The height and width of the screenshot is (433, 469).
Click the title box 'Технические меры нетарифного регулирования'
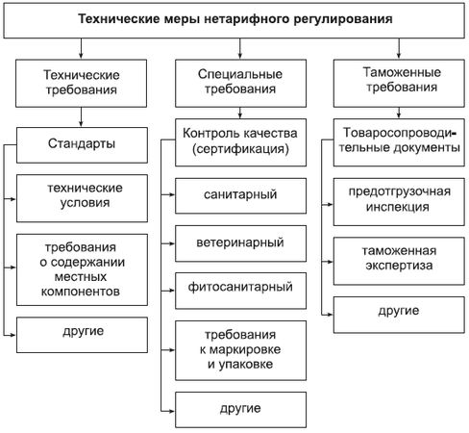pos(234,20)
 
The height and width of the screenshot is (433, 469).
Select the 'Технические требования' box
pos(82,83)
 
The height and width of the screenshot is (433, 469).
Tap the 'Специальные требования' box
pos(240,83)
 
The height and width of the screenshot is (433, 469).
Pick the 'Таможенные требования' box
pos(399,83)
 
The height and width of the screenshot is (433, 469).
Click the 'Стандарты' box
pos(82,145)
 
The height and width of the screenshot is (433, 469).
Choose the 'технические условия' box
pos(82,198)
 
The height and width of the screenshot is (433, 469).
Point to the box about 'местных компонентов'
pos(82,269)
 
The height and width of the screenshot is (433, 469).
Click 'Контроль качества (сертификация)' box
pos(240,142)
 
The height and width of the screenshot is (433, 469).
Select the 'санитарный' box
pos(240,195)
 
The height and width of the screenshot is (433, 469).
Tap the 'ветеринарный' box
pos(240,243)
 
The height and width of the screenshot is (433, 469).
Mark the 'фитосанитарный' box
pos(240,291)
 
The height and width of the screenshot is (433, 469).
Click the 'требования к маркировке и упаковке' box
pos(240,350)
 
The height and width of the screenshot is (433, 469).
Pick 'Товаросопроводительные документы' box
pos(399,142)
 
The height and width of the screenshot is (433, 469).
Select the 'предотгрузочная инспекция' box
pos(399,202)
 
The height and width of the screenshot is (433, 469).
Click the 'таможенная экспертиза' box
pos(399,261)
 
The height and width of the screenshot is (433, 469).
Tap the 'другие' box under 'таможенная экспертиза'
pos(399,315)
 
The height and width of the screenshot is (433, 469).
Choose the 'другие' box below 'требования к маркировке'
pos(240,410)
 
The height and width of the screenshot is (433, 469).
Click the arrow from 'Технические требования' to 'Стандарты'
pos(81,117)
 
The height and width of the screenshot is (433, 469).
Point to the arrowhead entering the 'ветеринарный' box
pos(172,243)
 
